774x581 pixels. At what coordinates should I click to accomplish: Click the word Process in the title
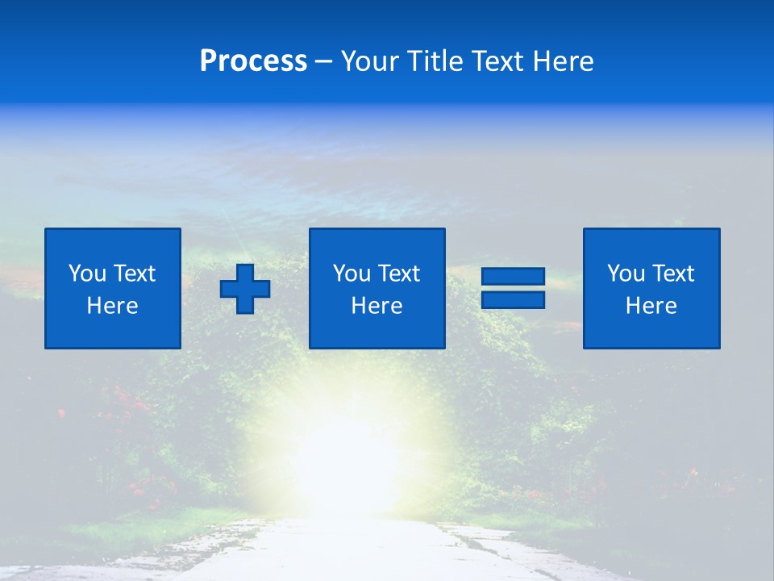(253, 61)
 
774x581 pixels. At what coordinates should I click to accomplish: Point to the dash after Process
(324, 61)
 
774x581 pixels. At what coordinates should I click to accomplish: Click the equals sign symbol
(513, 289)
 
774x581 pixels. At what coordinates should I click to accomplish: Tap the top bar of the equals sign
(513, 277)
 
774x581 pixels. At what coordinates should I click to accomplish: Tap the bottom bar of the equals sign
(513, 300)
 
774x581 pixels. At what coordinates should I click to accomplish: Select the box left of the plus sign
(113, 288)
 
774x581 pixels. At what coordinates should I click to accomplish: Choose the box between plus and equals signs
(377, 288)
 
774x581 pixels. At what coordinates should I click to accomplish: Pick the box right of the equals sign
(651, 288)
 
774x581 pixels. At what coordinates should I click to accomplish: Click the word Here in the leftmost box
(112, 306)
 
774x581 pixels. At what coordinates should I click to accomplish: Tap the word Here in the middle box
(377, 306)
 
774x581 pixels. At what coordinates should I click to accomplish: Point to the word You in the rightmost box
(626, 274)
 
